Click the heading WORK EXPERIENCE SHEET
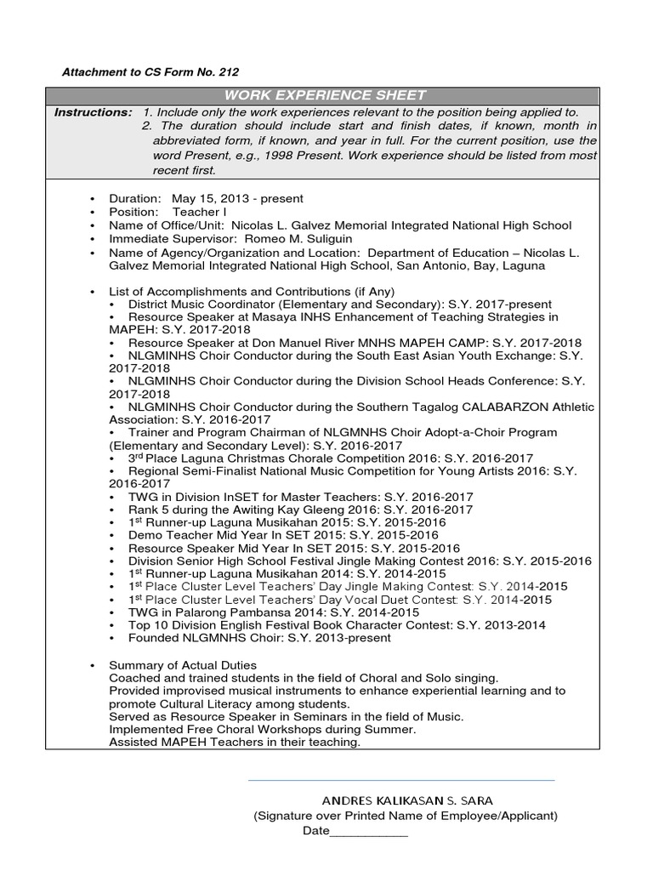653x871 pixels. (x=326, y=94)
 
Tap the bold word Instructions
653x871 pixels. (x=93, y=112)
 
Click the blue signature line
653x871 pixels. (x=400, y=779)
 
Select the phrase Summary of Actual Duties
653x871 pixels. (x=183, y=664)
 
